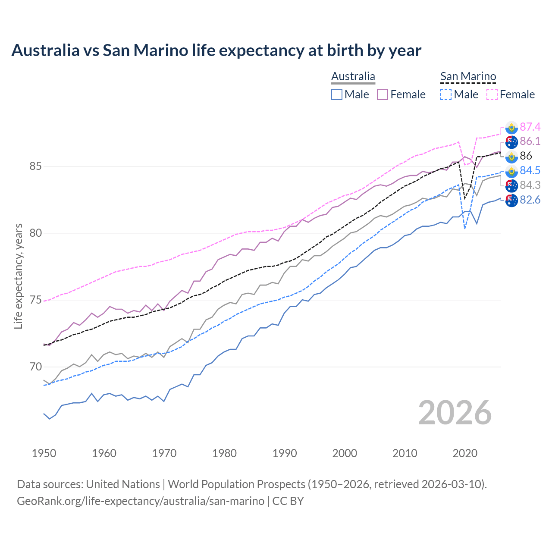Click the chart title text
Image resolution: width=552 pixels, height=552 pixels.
[x=216, y=50]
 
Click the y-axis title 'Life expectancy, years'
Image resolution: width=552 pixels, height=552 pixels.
[x=18, y=276]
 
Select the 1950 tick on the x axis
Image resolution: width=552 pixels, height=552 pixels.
[x=44, y=453]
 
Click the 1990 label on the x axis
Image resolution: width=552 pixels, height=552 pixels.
[x=285, y=453]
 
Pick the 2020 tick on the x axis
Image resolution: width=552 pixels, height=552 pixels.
[x=465, y=453]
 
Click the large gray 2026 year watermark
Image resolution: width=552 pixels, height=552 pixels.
[x=455, y=413]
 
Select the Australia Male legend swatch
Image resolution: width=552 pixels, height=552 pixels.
[x=337, y=94]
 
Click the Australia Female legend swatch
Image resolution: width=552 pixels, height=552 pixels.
[x=383, y=94]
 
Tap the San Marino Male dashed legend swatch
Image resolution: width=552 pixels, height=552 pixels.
[x=446, y=94]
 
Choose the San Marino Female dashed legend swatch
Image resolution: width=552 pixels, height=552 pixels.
[x=492, y=94]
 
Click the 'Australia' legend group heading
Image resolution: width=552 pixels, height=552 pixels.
[x=353, y=77]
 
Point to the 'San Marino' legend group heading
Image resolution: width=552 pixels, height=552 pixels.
[x=468, y=77]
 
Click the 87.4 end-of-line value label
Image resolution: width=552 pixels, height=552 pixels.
[x=530, y=127]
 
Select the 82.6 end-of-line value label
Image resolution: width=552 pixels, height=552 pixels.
[x=530, y=200]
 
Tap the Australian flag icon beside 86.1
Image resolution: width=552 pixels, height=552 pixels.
[x=511, y=142]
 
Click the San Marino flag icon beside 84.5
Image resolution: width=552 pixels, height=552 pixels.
[x=511, y=171]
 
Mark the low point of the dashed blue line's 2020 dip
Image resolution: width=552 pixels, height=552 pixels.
[x=464, y=229]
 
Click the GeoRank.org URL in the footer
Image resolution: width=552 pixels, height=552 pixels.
[x=141, y=501]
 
